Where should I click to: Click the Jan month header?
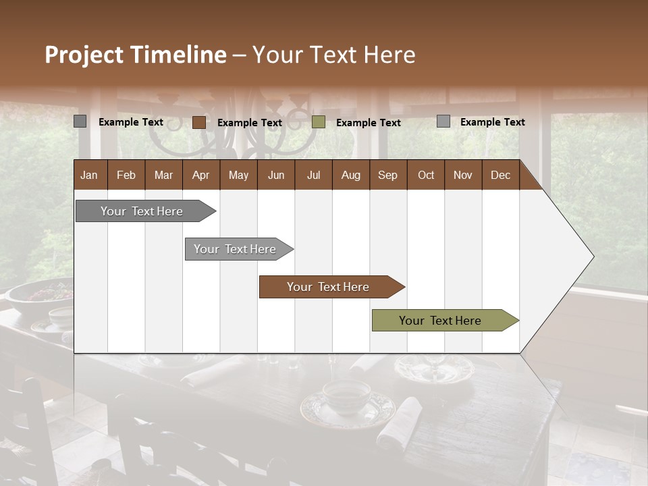pyautogui.click(x=89, y=175)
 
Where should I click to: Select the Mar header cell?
pyautogui.click(x=163, y=175)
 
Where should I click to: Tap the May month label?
pyautogui.click(x=238, y=175)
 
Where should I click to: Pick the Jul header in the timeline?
pyautogui.click(x=313, y=175)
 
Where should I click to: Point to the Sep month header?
pyautogui.click(x=387, y=175)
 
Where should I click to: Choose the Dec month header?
pyautogui.click(x=500, y=175)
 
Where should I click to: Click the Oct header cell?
pyautogui.click(x=426, y=175)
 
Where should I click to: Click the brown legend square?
pyautogui.click(x=199, y=122)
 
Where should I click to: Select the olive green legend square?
pyautogui.click(x=319, y=122)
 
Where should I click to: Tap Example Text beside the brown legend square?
pyautogui.click(x=250, y=123)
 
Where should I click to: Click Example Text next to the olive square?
pyautogui.click(x=369, y=123)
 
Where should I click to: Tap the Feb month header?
pyautogui.click(x=126, y=175)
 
